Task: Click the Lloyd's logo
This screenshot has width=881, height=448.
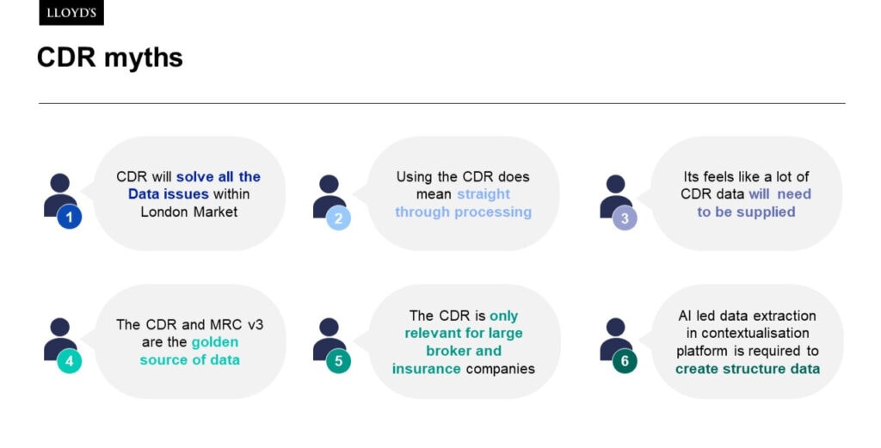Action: tap(71, 13)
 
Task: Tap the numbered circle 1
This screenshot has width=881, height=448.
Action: tap(70, 218)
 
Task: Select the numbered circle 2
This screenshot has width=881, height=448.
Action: tap(338, 218)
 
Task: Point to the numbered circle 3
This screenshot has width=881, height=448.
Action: tap(625, 218)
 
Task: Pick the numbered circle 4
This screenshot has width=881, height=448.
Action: tap(70, 361)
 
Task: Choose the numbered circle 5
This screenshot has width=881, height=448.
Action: tap(338, 361)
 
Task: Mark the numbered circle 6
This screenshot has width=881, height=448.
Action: tap(625, 361)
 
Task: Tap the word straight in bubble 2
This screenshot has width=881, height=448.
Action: tap(484, 194)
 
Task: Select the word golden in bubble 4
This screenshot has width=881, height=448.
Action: tap(215, 342)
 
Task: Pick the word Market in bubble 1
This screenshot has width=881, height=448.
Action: tap(213, 212)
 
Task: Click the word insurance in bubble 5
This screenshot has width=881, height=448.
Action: tap(427, 369)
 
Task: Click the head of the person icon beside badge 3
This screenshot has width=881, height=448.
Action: tap(615, 183)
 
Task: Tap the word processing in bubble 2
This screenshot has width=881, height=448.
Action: tap(494, 212)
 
